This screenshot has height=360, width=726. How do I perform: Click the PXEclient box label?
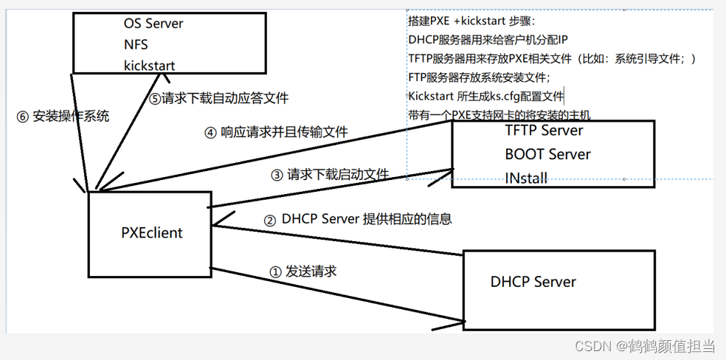(152, 233)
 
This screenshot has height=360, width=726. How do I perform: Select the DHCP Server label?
(533, 282)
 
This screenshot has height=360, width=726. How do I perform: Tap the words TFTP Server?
(544, 131)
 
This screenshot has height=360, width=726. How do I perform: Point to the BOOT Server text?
(547, 154)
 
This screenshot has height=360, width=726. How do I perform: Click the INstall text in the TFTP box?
(526, 178)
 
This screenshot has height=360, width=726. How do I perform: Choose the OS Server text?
(153, 24)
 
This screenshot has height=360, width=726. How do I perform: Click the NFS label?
(136, 45)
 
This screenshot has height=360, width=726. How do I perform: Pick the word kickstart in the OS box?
(150, 66)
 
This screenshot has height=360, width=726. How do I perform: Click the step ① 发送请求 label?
(302, 271)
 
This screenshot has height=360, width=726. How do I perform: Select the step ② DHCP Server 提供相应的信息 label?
(357, 219)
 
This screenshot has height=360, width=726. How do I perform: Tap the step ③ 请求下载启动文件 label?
(330, 175)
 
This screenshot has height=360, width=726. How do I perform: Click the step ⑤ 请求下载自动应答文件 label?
(219, 98)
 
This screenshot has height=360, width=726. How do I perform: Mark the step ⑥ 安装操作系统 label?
(63, 117)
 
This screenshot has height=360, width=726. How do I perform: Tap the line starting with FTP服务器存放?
(479, 77)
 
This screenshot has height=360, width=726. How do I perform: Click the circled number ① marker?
(275, 271)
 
